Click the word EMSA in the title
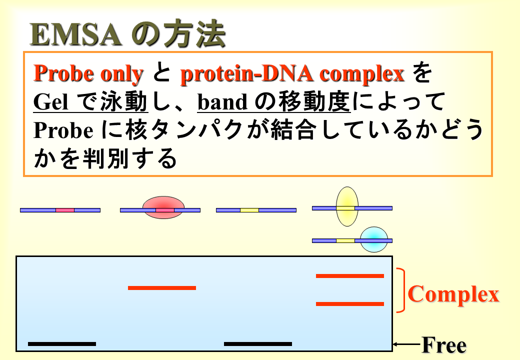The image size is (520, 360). tap(75, 35)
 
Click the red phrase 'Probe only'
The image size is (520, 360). tap(88, 73)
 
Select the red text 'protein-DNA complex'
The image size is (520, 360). tap(292, 73)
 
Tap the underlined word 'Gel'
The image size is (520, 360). tap(50, 102)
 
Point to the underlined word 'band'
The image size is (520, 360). tap(222, 102)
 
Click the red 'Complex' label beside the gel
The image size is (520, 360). tap(453, 294)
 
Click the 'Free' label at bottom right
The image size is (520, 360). tap(444, 345)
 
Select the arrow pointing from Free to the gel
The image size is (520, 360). tap(407, 344)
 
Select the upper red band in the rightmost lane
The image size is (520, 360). tap(350, 276)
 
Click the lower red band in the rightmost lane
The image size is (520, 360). tap(350, 304)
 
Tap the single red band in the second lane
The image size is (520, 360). tap(162, 287)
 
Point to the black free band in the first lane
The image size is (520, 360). tap(62, 344)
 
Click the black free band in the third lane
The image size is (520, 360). tap(258, 344)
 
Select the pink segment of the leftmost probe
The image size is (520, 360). tap(65, 210)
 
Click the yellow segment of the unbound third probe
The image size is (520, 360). tap(249, 210)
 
